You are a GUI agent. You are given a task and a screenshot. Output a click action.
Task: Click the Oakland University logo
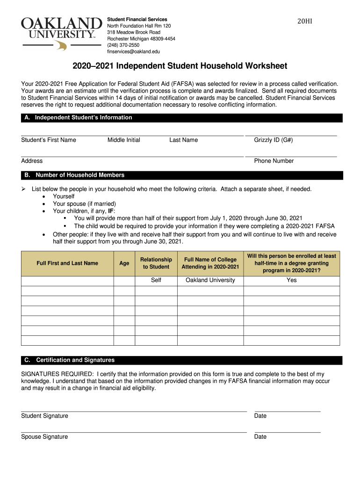62,33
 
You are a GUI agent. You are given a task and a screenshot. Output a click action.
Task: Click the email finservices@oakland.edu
134,51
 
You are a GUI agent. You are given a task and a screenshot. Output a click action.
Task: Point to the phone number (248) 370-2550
123,45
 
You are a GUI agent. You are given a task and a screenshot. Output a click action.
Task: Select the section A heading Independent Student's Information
78,118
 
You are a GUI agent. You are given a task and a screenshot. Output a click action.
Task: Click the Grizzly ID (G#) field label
274,140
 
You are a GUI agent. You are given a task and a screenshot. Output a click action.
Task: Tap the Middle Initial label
124,140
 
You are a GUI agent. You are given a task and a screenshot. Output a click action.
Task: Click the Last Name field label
183,140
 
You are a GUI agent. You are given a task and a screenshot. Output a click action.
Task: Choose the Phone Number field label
274,161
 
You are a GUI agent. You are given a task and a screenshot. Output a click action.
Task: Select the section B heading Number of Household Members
74,175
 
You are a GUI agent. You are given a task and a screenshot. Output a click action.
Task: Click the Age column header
124,263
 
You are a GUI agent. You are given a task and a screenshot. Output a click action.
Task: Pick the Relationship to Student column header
156,263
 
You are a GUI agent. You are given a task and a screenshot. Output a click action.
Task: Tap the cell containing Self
156,280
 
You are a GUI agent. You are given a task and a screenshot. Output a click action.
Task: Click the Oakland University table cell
210,280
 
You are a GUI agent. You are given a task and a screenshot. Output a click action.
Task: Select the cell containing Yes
292,280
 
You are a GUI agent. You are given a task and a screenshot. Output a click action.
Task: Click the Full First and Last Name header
67,263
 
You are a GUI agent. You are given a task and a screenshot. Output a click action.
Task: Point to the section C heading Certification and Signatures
69,360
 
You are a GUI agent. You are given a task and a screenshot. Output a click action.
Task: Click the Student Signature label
44,416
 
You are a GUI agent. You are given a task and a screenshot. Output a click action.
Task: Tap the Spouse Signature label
44,437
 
